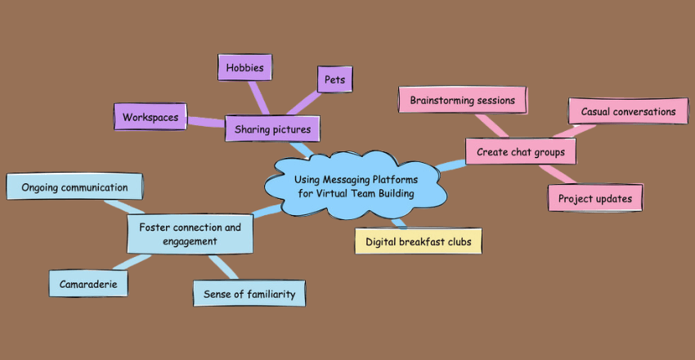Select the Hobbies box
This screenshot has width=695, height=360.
244,67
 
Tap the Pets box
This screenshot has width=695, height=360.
334,80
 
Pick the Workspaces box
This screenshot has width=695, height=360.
151,117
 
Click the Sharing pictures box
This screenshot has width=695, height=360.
272,128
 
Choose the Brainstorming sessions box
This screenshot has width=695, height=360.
462,101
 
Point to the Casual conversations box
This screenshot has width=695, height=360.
628,111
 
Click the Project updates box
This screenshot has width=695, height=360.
594,198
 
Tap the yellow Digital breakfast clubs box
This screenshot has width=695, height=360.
418,241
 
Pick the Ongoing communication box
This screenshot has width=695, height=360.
74,187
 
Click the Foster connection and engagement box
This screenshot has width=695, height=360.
190,234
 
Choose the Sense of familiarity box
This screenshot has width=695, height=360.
249,293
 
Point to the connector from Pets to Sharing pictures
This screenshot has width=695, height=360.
307,103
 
